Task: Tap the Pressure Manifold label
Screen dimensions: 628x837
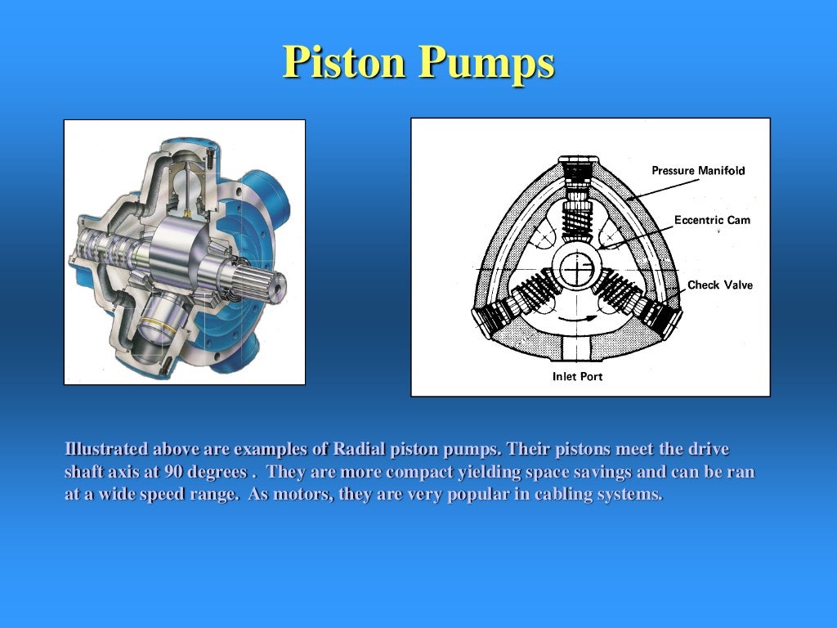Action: pos(698,170)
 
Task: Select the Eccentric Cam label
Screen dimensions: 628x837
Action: pos(711,220)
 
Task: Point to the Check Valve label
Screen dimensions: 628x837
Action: pos(719,285)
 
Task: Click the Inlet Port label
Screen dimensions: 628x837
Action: pos(577,376)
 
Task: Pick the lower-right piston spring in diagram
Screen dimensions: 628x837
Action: pos(625,290)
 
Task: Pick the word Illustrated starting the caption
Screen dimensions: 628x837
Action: pos(106,450)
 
